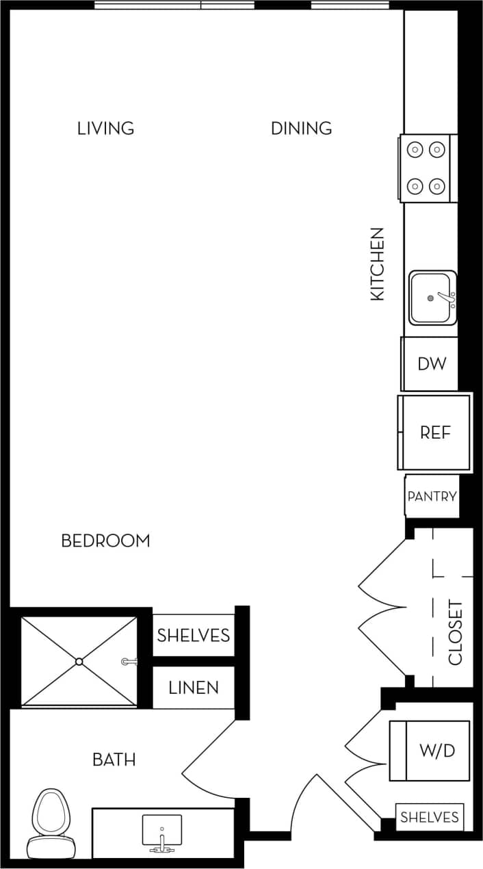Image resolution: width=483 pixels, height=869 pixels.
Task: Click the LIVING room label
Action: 105,128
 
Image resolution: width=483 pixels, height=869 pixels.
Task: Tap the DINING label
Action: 301,128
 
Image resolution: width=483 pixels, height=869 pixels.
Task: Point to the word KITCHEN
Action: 378,264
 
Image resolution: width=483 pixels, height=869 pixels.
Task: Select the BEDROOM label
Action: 105,541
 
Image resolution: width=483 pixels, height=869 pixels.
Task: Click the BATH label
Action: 114,759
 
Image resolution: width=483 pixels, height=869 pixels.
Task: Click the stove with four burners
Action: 425,168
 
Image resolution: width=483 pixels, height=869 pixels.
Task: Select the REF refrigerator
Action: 435,432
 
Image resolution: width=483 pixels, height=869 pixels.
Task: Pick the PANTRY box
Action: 432,496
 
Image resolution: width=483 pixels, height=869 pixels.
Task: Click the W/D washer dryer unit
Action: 430,751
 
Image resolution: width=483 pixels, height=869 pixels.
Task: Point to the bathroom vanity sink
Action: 161,831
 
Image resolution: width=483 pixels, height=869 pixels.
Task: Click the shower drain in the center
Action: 79,662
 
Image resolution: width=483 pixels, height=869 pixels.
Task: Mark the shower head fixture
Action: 129,662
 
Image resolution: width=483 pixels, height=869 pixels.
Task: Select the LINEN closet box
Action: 194,687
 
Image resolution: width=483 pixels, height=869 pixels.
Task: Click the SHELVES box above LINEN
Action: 194,635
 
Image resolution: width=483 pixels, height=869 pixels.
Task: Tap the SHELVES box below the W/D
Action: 429,817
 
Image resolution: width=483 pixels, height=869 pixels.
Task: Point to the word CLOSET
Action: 456,633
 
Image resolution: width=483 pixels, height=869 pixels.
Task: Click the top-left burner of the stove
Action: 414,148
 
